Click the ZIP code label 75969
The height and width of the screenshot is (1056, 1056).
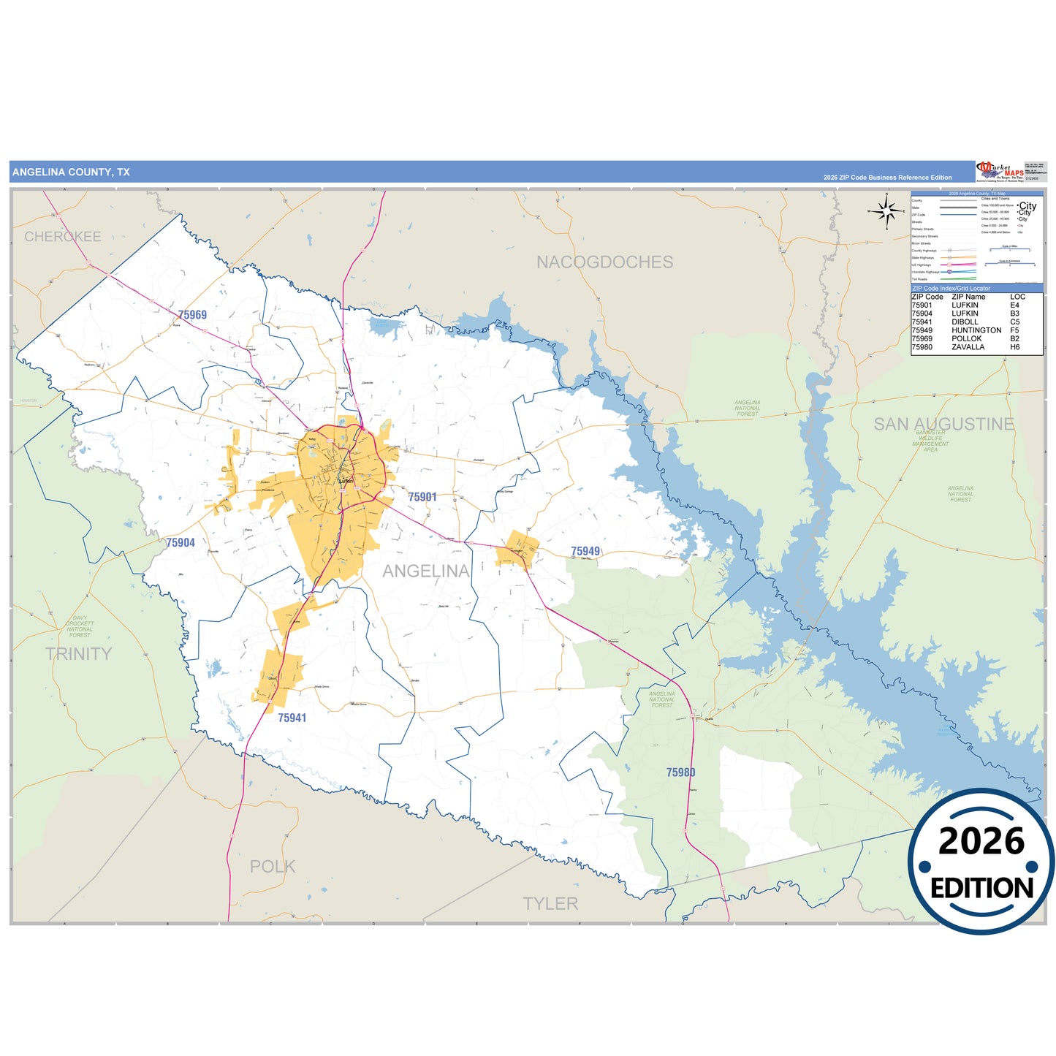[192, 315]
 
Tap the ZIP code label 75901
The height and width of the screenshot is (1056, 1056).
[422, 497]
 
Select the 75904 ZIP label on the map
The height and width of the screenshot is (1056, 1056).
[181, 543]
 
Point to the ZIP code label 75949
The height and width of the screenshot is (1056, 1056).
[585, 552]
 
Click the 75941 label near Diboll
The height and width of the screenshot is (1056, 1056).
[292, 718]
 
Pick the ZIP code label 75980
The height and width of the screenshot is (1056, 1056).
[680, 772]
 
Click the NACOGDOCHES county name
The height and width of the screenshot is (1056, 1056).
[604, 262]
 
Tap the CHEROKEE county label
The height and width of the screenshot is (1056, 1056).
[63, 237]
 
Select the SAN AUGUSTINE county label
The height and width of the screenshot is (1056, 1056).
[943, 424]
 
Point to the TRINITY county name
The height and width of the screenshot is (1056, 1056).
[79, 654]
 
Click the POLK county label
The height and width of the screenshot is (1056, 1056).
[273, 867]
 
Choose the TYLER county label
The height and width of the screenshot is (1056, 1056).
[550, 904]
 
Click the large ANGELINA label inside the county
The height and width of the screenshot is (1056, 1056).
[426, 571]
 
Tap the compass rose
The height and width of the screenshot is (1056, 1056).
[886, 212]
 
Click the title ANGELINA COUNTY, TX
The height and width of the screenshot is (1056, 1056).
[71, 172]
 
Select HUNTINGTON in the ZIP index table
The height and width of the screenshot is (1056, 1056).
[976, 330]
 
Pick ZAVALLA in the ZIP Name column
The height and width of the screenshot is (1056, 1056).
[968, 347]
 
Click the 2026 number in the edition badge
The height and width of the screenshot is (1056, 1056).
[981, 841]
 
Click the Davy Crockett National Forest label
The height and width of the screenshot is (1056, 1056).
[80, 626]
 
